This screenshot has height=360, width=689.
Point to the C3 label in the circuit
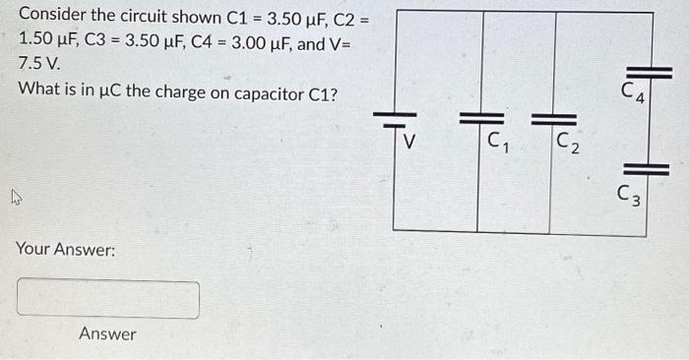click(x=631, y=196)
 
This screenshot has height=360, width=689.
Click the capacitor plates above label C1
click(x=479, y=119)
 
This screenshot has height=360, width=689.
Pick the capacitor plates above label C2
click(x=549, y=120)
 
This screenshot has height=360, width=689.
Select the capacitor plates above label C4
click(x=649, y=72)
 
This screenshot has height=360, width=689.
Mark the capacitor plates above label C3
click(x=647, y=169)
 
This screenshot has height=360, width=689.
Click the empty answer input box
click(x=108, y=299)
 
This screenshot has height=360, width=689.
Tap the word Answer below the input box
click(x=108, y=334)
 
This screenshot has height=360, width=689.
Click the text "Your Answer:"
click(x=65, y=250)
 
